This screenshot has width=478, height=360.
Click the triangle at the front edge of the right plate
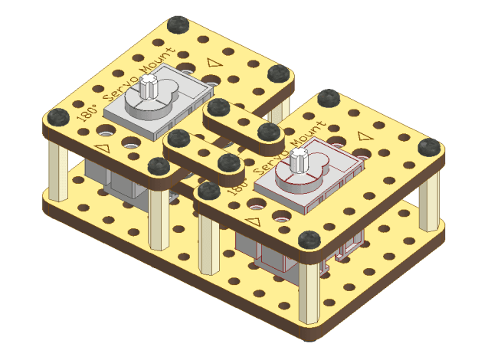(x=254, y=220)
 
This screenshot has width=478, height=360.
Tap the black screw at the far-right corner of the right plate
(x=430, y=146)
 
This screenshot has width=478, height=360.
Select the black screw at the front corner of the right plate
(x=309, y=241)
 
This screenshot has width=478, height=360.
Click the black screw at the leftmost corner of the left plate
(x=57, y=117)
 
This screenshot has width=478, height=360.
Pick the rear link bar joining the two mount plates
(x=243, y=123)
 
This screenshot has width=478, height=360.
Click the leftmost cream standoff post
(x=55, y=165)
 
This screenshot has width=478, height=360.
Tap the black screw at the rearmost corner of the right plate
(x=329, y=98)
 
